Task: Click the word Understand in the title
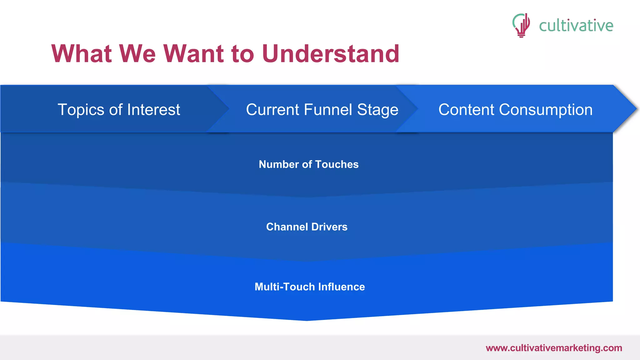(331, 54)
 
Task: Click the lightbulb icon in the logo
(521, 25)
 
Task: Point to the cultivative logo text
(576, 26)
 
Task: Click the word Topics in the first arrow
(81, 110)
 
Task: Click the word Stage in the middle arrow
(377, 110)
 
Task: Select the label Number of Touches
(308, 164)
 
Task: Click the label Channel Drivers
(307, 227)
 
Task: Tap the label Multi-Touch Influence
(309, 287)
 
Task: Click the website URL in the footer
(554, 348)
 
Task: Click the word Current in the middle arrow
(272, 110)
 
